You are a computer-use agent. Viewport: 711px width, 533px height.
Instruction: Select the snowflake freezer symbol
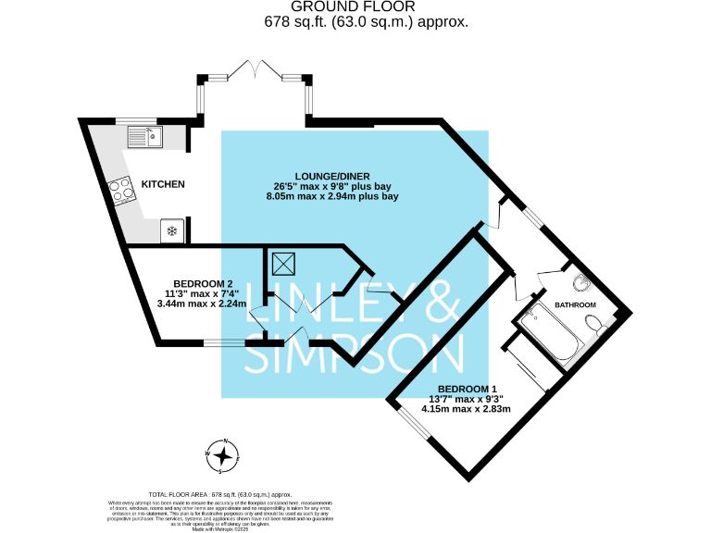coord(171,229)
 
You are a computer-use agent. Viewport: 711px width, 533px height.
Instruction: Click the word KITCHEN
coord(163,185)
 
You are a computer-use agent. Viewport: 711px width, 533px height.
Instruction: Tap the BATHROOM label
coord(575,305)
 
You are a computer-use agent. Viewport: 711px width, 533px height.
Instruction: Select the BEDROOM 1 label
coord(468,389)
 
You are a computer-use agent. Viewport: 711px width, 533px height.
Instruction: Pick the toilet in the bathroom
coord(594,323)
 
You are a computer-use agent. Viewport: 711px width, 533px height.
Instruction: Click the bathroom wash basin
coord(580,282)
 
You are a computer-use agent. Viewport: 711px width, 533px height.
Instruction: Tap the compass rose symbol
coord(223,455)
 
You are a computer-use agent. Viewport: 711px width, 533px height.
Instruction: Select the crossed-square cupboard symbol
coord(282,265)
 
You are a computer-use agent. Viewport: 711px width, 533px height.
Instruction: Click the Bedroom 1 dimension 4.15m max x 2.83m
coord(467,408)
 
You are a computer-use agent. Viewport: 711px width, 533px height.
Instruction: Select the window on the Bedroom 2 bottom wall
coord(225,343)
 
